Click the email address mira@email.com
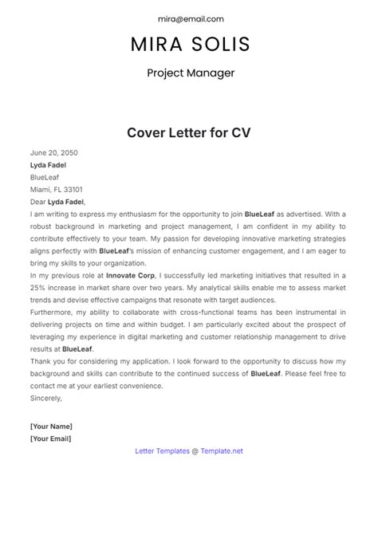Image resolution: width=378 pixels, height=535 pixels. [x=189, y=18]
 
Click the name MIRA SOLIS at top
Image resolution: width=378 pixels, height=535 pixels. [x=189, y=45]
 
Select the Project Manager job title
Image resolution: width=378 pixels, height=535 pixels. [x=189, y=74]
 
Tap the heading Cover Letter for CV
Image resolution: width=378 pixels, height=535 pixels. [x=189, y=132]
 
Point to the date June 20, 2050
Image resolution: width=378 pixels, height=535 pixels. [x=54, y=151]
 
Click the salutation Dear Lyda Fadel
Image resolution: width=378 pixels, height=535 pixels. [x=57, y=203]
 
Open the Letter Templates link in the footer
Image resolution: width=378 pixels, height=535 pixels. [x=163, y=450]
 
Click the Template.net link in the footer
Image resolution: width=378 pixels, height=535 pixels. [x=221, y=450]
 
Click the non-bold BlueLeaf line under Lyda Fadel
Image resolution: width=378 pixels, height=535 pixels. [x=46, y=178]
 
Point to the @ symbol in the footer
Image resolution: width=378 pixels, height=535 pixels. [x=195, y=450]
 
